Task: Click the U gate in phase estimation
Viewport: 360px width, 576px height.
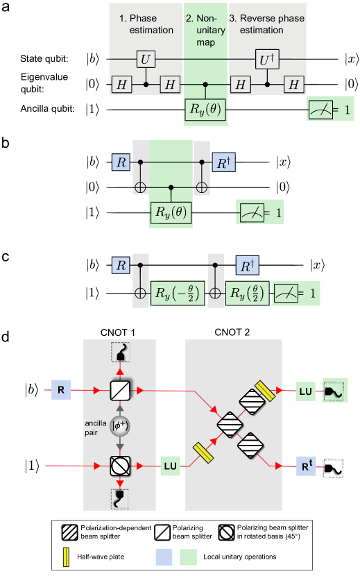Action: point(144,60)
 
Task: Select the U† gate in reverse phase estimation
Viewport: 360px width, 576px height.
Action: point(266,60)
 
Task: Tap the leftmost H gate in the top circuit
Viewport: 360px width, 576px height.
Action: point(122,84)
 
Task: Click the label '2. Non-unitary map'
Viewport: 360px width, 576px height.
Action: point(205,30)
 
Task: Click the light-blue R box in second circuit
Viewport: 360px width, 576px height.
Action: point(121,163)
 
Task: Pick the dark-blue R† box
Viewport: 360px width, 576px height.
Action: point(246,264)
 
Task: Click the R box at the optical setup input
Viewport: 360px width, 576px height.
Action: point(62,391)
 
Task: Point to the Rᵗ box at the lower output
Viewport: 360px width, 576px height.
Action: point(306,466)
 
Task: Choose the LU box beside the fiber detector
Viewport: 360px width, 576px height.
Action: point(305,391)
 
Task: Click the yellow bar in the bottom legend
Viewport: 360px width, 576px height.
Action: point(67,557)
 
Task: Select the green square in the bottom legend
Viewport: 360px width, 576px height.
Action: point(188,557)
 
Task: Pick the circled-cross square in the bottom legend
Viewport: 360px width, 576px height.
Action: point(226,533)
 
